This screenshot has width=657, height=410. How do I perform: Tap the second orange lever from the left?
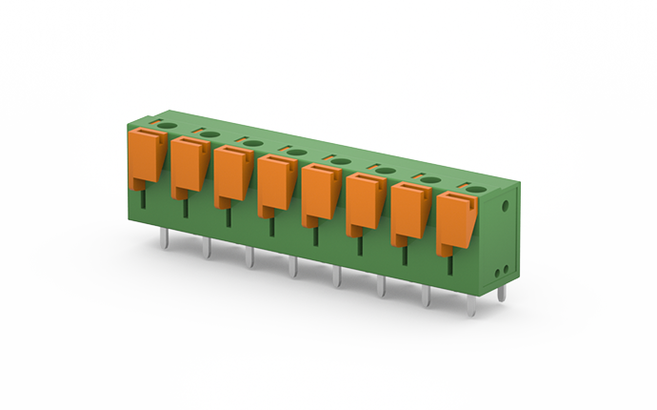(x=189, y=166)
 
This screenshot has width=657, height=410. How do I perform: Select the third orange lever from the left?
(x=232, y=175)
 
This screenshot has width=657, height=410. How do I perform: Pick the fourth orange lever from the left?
(x=276, y=184)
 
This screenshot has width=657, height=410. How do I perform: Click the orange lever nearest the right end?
(x=455, y=222)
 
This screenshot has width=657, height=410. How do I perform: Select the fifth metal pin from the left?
(x=335, y=277)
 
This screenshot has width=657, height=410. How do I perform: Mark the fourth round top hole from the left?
(x=296, y=152)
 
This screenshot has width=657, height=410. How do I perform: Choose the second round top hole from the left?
(x=209, y=134)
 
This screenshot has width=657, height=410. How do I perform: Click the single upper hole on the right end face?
(x=505, y=203)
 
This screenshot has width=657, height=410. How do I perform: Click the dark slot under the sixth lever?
(x=360, y=246)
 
